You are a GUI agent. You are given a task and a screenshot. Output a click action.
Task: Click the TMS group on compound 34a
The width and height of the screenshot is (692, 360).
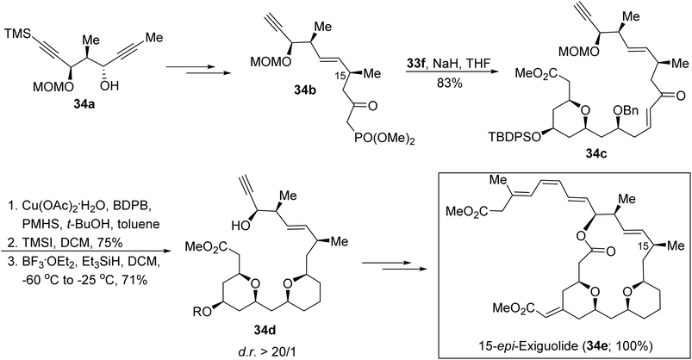coord(17,34)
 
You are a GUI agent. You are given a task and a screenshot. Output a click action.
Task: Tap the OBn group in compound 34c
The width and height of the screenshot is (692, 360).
coord(626,110)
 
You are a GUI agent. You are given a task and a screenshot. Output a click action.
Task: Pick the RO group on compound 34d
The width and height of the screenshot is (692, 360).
coord(203,312)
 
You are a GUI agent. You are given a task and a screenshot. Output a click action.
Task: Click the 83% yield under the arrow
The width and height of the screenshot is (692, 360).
coord(448,83)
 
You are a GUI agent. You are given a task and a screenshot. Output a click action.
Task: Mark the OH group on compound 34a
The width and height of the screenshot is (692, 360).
coord(109,85)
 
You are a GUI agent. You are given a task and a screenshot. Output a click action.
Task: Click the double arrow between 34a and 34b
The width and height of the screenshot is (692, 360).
coord(199,67)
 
